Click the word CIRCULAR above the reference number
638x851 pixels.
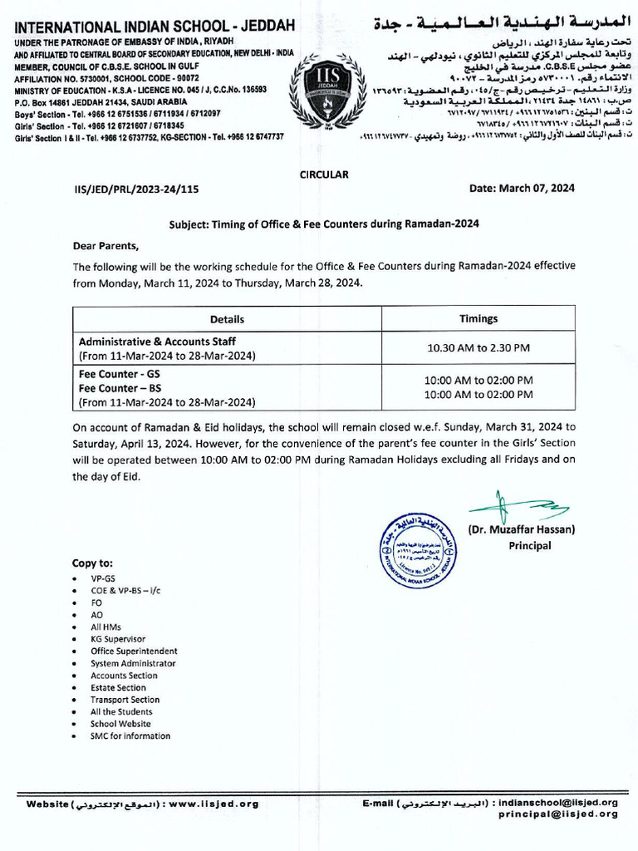323,175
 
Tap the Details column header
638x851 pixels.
227,319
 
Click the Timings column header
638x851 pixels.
478,319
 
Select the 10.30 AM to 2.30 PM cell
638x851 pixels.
478,348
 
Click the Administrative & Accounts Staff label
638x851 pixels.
157,342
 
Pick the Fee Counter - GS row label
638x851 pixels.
119,375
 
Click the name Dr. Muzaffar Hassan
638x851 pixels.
521,529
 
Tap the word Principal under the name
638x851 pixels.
529,546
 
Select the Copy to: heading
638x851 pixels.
92,563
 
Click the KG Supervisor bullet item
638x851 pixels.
118,639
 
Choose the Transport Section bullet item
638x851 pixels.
125,700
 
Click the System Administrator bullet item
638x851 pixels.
133,663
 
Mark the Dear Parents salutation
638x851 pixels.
106,246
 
